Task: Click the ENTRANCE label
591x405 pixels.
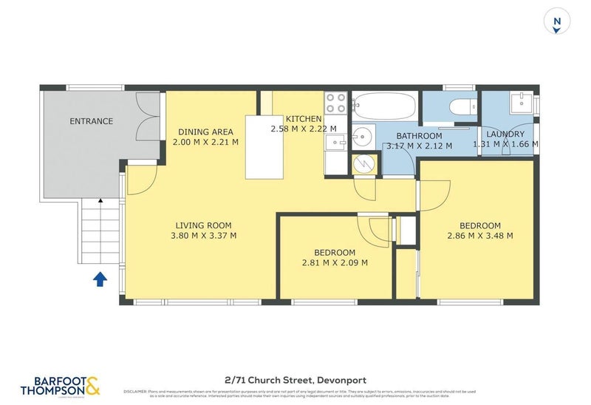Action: (91, 121)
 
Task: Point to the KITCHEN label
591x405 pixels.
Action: (304, 119)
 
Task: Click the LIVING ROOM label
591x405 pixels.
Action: (203, 226)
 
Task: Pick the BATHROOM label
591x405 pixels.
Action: (419, 136)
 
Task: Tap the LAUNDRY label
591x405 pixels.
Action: (505, 134)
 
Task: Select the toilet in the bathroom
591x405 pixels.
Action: (463, 106)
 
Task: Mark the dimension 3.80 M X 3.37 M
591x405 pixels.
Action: (203, 236)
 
